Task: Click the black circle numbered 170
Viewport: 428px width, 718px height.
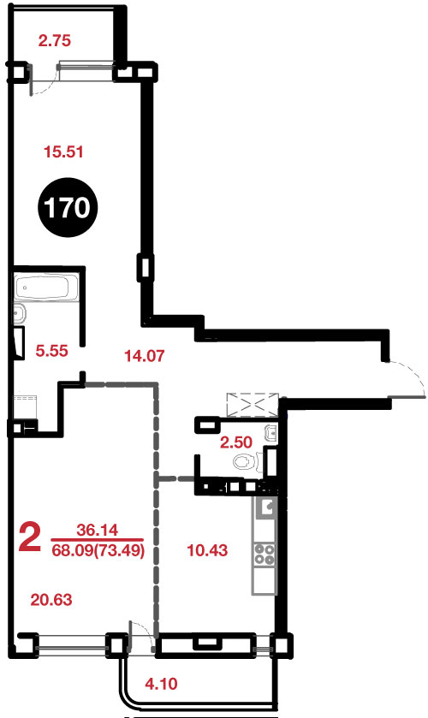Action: pos(67,208)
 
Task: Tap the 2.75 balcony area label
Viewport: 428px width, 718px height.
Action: pos(55,41)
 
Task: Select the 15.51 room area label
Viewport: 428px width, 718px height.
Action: pos(63,151)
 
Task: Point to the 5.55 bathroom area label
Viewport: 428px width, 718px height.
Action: pos(51,351)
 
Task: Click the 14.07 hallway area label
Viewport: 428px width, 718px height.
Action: pos(145,355)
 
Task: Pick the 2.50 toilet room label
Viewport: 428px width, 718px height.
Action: pos(236,442)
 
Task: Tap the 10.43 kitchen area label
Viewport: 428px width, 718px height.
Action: pos(208,550)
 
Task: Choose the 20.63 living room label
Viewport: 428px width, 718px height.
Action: pos(51,599)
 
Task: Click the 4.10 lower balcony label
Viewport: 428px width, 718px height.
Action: pos(161,684)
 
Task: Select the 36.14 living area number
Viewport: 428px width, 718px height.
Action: pos(97,530)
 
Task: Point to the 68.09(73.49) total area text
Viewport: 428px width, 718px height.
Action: pos(98,550)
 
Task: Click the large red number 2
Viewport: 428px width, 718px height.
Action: pos(29,538)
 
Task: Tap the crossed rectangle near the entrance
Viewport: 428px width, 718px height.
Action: pos(253,404)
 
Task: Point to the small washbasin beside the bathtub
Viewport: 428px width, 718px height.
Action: pos(20,314)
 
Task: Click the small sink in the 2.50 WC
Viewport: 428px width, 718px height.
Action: pos(271,432)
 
